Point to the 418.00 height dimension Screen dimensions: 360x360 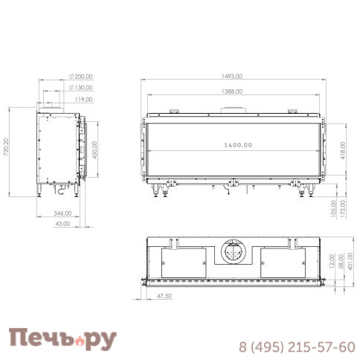tap(342, 150)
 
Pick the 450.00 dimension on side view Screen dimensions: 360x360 tap(95, 150)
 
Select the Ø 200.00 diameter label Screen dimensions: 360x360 tap(78, 76)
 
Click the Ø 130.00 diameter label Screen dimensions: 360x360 tap(80, 87)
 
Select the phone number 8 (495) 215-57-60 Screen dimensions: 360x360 tap(296, 347)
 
